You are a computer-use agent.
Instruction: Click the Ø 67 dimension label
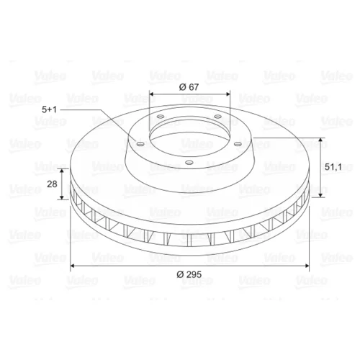click(189, 87)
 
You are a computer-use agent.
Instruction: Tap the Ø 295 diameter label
click(189, 274)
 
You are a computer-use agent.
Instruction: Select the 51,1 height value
click(333, 167)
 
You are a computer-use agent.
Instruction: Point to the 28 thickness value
click(52, 184)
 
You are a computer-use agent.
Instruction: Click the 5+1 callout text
click(49, 109)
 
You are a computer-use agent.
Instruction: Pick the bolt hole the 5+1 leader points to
click(140, 144)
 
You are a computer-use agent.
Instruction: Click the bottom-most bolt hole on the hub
click(189, 163)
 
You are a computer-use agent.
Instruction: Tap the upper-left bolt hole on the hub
click(160, 117)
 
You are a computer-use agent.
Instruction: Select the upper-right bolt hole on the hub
click(217, 117)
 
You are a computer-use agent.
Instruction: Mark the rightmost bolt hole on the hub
click(238, 144)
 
